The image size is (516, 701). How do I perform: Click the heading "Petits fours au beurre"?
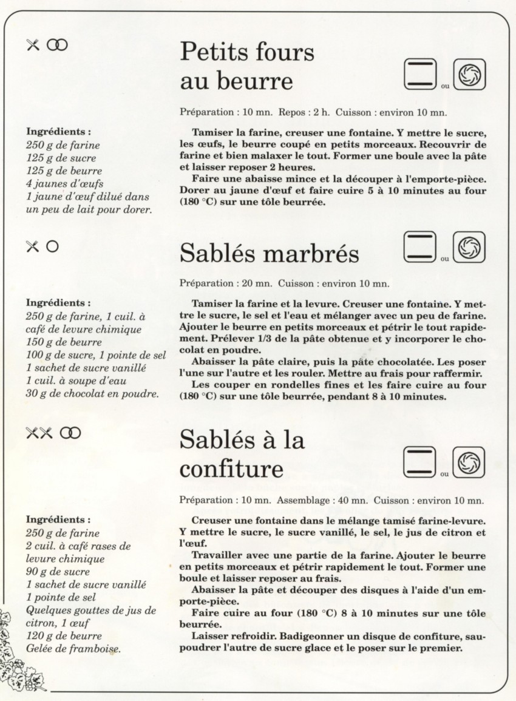(247, 66)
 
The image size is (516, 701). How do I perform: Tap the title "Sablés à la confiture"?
(242, 455)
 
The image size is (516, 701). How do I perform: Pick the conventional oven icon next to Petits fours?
(420, 75)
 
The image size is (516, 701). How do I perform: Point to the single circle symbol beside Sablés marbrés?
(53, 246)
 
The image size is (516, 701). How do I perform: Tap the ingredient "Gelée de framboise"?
(73, 648)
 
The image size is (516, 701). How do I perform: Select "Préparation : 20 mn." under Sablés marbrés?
(226, 283)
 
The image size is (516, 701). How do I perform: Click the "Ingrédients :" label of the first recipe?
(59, 131)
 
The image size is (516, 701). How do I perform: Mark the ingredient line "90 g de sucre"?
(58, 571)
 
